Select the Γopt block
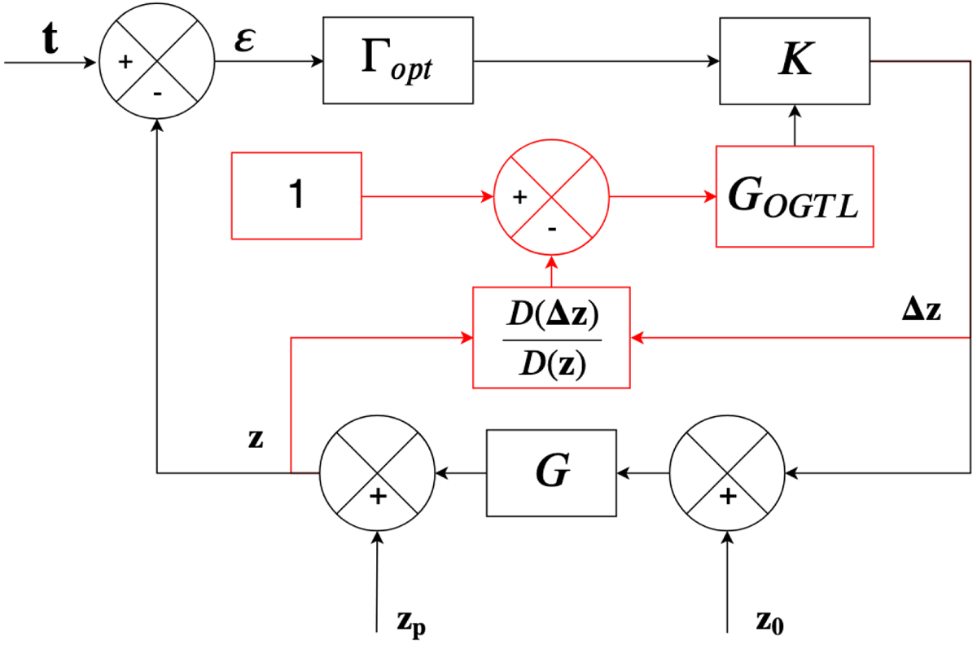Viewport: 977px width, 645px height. [x=398, y=61]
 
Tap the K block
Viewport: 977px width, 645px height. [x=794, y=61]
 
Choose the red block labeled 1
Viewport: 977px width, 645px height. [x=296, y=196]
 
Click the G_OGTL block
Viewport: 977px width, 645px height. [x=794, y=196]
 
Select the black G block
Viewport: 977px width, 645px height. [x=552, y=472]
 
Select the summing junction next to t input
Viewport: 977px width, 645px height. [x=156, y=61]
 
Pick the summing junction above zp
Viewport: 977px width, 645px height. [x=376, y=472]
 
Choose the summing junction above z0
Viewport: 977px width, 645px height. [x=727, y=472]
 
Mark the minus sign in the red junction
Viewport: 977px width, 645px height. [x=553, y=229]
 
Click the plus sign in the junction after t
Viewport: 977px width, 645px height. [x=127, y=62]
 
